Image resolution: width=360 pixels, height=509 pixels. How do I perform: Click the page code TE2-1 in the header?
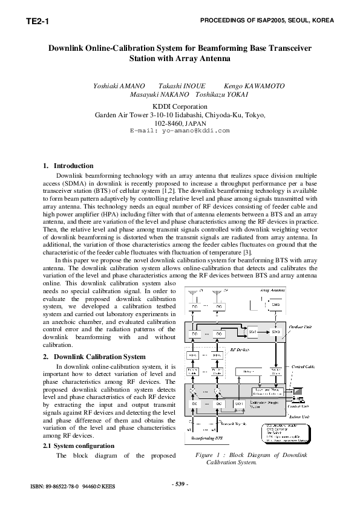click(x=37, y=22)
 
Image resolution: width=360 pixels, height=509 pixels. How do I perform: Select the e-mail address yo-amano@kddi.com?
click(x=180, y=130)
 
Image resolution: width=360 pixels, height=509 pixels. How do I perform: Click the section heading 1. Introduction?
click(x=68, y=166)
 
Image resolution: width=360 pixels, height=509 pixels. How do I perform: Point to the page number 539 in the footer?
click(x=180, y=484)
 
